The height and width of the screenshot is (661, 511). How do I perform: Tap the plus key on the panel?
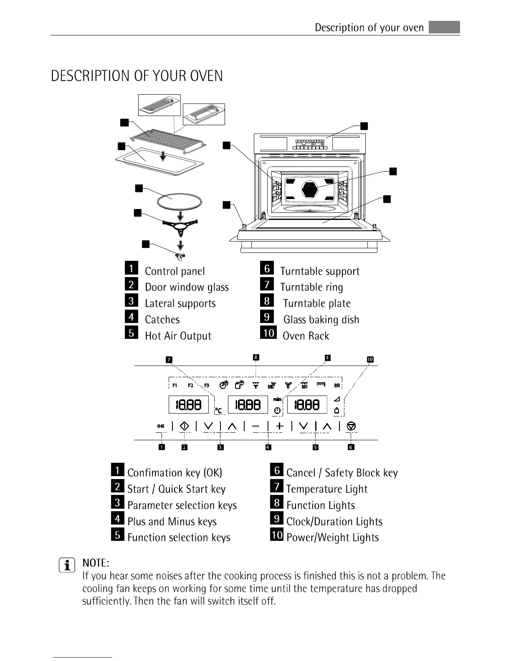coord(280,426)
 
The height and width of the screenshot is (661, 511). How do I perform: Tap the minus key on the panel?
coord(256,426)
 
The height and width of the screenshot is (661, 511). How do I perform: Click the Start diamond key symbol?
coord(185,426)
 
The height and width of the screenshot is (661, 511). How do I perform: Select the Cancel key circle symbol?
coord(352,426)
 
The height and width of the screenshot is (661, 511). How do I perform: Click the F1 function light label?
coord(175,385)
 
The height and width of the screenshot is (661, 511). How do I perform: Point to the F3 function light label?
coord(207,385)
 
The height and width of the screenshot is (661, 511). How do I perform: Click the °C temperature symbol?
coord(218,411)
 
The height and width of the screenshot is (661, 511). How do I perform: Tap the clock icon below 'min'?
coord(277,411)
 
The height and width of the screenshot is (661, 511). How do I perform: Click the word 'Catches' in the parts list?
coord(162,320)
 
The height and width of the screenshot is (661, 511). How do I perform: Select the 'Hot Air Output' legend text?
coord(178,336)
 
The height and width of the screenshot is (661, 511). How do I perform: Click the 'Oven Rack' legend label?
coord(306,336)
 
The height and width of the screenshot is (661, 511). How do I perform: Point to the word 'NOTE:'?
coord(96,563)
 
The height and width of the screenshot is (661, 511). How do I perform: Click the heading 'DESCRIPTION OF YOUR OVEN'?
coord(137,76)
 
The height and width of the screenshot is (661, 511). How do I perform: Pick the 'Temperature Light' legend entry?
coord(326,489)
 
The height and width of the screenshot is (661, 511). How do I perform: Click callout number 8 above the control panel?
coord(256,357)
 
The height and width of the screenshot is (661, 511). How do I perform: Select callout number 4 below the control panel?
coord(268,447)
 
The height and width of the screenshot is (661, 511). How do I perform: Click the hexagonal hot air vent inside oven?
coord(309,189)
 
